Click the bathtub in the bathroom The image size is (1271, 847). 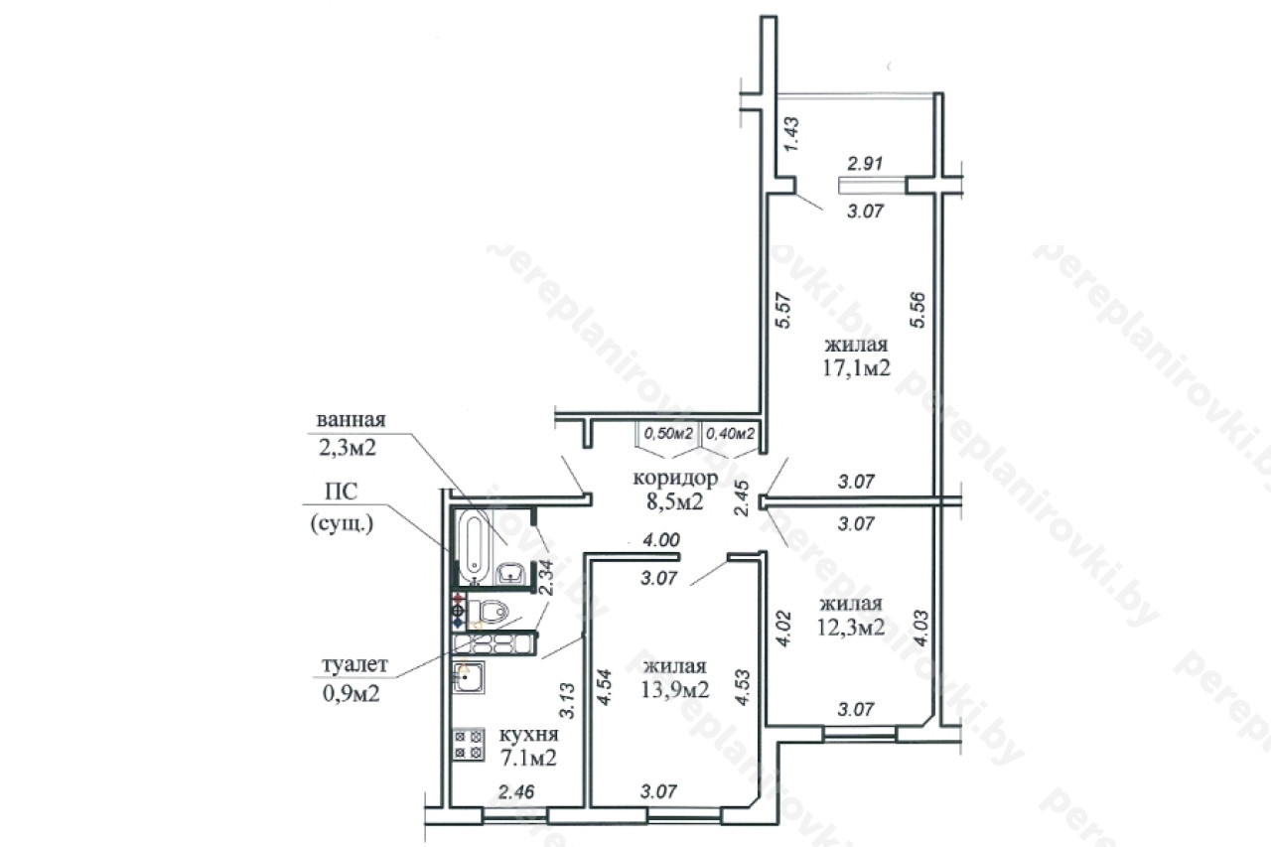(474, 547)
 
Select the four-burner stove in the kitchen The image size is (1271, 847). (469, 745)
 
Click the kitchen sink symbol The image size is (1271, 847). (469, 677)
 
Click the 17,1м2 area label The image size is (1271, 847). (856, 368)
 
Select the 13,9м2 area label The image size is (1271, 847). (674, 689)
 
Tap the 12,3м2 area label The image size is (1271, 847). (851, 627)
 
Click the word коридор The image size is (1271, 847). (675, 479)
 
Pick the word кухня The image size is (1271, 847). (529, 734)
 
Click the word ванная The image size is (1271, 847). (351, 420)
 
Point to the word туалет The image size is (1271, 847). (355, 664)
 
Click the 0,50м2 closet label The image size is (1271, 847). (668, 434)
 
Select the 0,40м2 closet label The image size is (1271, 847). (730, 434)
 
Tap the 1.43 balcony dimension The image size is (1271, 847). (791, 134)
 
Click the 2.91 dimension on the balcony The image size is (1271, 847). (865, 164)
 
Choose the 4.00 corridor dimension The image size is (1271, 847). (661, 539)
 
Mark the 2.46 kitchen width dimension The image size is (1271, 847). (516, 791)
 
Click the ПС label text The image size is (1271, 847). (341, 492)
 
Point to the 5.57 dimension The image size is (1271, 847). (783, 311)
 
